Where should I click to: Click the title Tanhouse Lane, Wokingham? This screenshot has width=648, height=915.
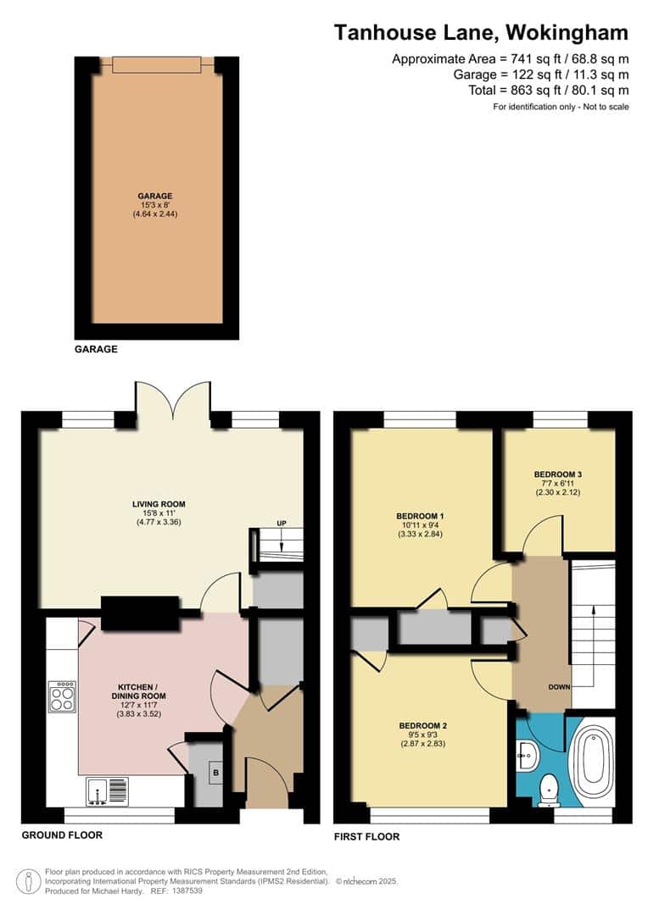pos(481,33)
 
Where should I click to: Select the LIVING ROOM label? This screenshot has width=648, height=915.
pos(159,504)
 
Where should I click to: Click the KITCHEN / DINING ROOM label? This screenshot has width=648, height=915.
pos(142,691)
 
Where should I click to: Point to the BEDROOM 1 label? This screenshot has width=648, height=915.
pos(421,516)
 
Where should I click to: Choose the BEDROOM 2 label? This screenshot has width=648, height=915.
pos(422,726)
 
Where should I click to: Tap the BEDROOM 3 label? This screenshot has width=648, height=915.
pos(557,474)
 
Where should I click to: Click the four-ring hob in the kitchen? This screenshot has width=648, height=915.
pos(62,696)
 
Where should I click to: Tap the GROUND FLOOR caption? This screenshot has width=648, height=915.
pos(62,835)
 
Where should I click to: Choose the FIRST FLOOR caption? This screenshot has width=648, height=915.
pos(366,836)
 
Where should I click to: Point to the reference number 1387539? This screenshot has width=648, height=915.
pos(186,890)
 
